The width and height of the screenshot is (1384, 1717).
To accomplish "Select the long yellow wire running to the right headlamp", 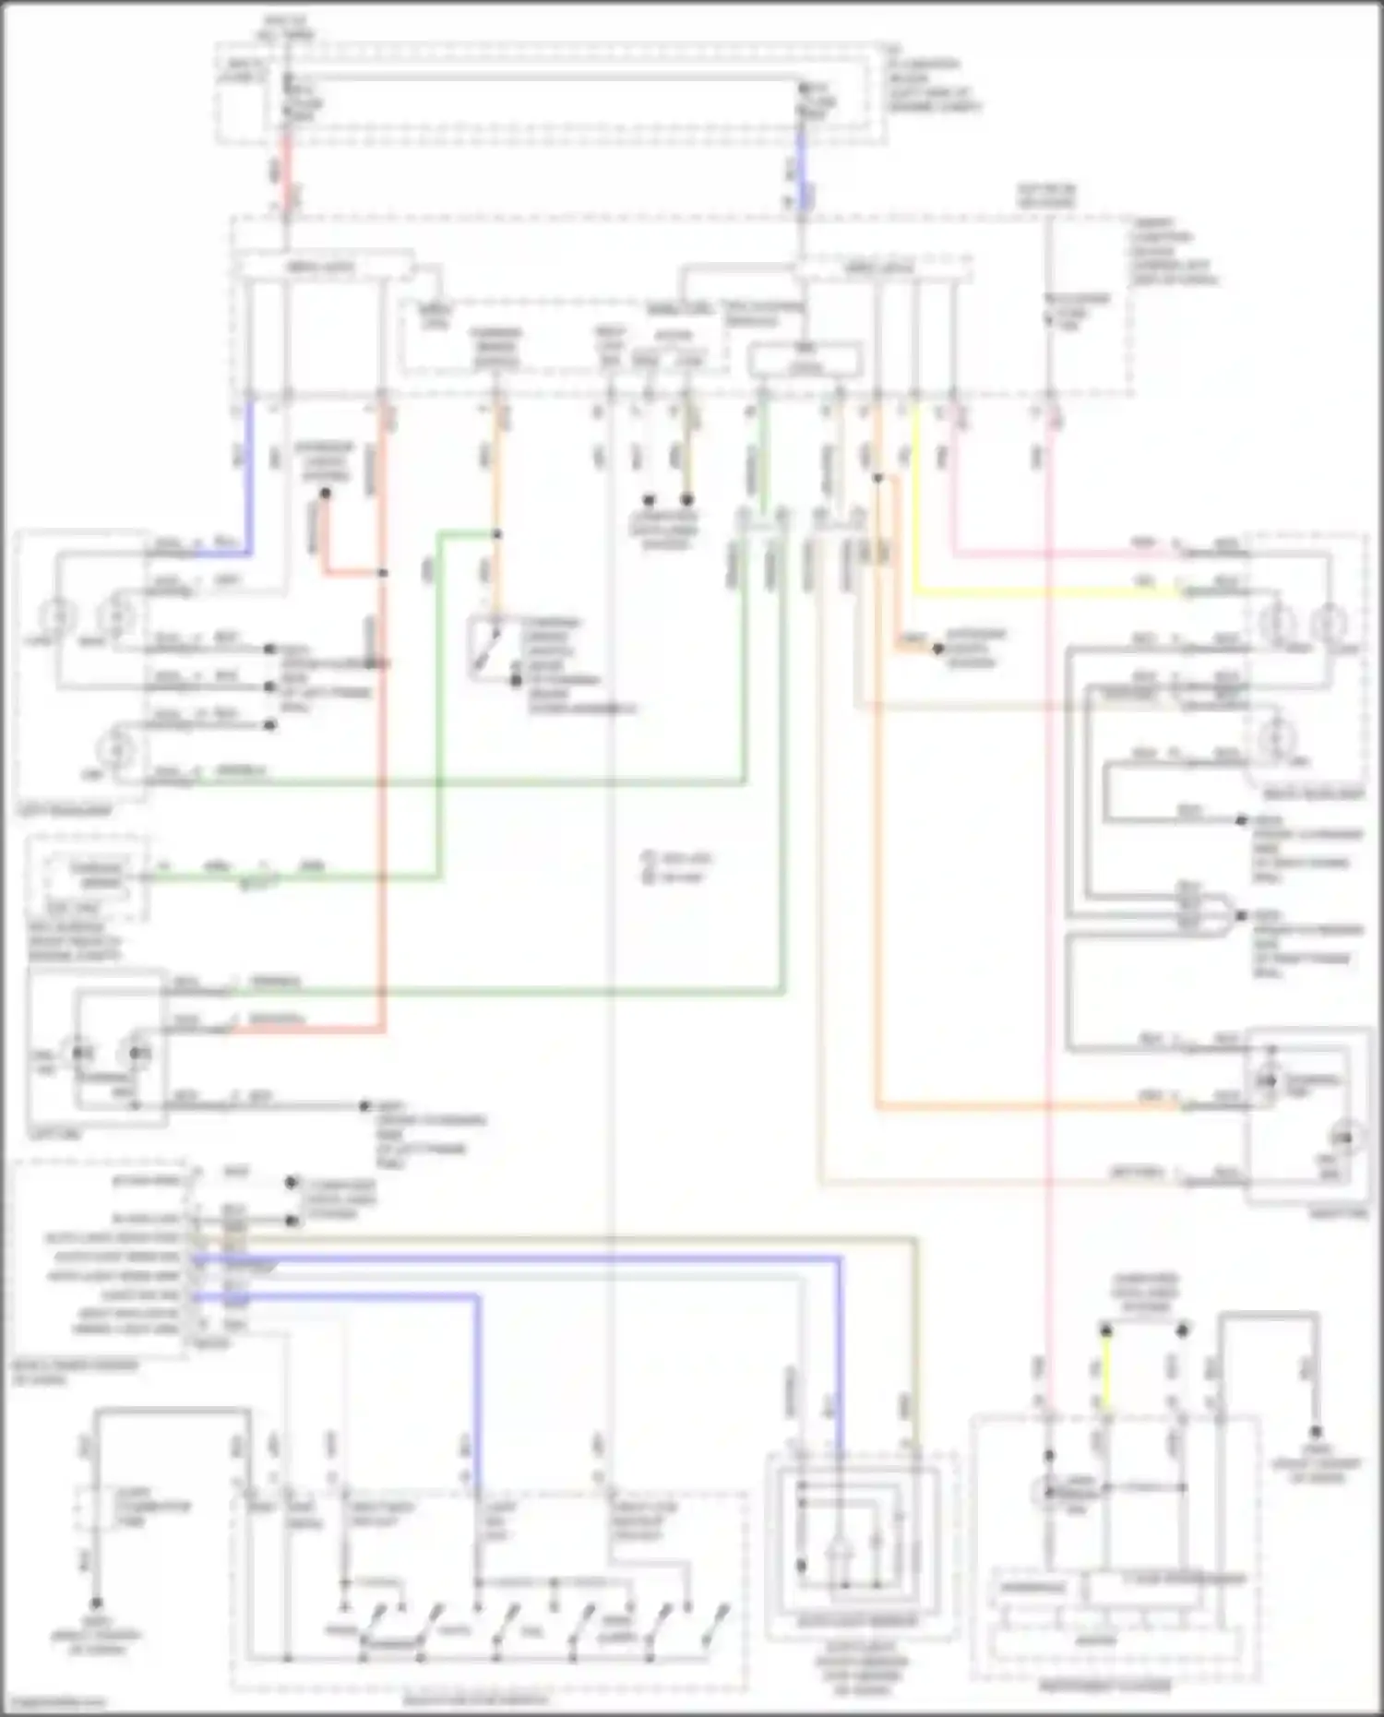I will [x=1043, y=591].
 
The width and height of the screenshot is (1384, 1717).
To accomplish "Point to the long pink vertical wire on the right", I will [x=1049, y=923].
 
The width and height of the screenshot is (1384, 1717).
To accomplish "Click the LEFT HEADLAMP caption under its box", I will [x=64, y=810].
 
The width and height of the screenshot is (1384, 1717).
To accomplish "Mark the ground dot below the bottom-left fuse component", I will [x=95, y=1604].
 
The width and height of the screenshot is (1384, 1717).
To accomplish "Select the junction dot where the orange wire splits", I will [x=877, y=478].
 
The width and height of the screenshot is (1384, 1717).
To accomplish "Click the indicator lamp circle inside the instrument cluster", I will [x=1049, y=1492].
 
